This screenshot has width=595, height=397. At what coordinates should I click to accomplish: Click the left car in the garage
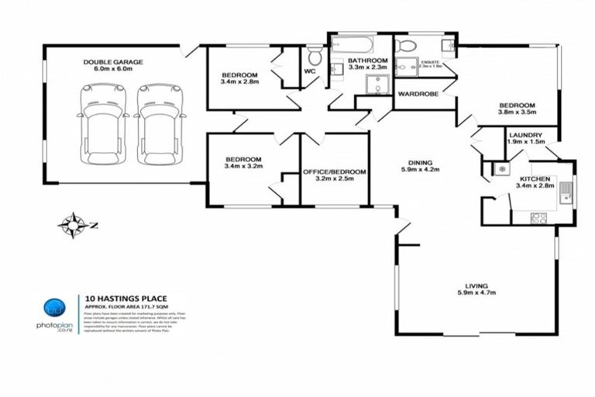coord(96,124)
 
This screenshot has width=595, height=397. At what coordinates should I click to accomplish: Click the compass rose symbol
coord(74,225)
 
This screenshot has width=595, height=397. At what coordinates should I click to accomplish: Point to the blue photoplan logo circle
coord(53,306)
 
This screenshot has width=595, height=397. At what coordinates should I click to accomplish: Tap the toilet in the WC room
coord(315,57)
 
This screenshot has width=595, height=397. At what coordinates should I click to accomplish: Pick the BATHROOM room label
coord(367,60)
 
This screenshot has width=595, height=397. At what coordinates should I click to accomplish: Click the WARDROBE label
coord(418,94)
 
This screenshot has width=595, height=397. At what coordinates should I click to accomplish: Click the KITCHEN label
coord(534,178)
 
